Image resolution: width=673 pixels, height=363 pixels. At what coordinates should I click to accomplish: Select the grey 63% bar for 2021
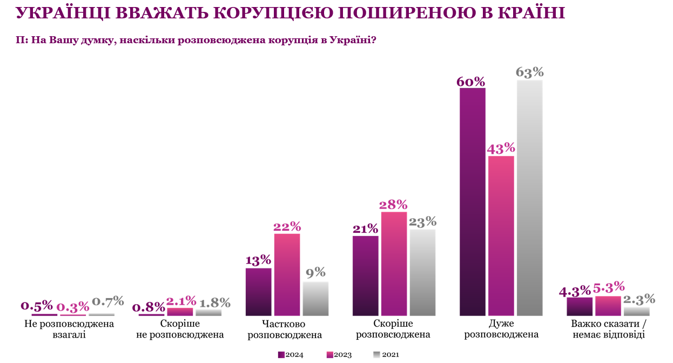pyautogui.click(x=529, y=198)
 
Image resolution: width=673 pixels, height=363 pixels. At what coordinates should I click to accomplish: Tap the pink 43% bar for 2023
pyautogui.click(x=501, y=236)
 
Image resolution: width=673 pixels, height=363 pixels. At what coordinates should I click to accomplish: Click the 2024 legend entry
pyautogui.click(x=291, y=354)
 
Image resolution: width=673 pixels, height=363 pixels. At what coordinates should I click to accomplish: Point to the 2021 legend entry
pyautogui.click(x=387, y=354)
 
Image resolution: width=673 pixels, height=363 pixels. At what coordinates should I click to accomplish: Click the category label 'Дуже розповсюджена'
pyautogui.click(x=501, y=329)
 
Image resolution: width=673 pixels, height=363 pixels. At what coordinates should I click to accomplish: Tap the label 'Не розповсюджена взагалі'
pyautogui.click(x=70, y=329)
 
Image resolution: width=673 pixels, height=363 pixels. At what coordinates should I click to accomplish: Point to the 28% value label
pyautogui.click(x=394, y=204)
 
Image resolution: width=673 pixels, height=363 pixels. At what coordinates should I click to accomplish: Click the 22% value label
pyautogui.click(x=287, y=226)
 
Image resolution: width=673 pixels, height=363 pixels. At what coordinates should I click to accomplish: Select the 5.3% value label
pyautogui.click(x=608, y=288)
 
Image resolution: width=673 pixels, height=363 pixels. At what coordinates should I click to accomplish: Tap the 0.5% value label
pyautogui.click(x=37, y=305)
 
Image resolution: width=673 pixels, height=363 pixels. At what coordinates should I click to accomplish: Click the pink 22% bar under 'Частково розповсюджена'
pyautogui.click(x=287, y=274)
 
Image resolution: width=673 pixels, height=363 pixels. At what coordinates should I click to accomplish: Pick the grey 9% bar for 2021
pyautogui.click(x=315, y=299)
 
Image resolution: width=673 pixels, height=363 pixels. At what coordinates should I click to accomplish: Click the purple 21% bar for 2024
pyautogui.click(x=366, y=275)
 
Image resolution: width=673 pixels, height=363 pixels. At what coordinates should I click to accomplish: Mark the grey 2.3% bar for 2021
pyautogui.click(x=636, y=312)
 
